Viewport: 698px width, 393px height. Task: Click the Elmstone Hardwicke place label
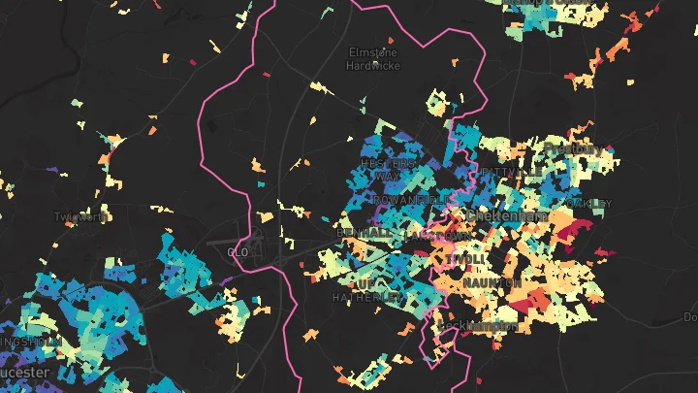(x=372, y=58)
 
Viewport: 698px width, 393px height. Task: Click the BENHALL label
(x=365, y=234)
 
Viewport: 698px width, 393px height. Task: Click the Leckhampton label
(x=475, y=326)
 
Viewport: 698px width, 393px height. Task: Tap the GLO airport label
(x=238, y=252)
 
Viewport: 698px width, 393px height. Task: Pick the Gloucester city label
(x=19, y=372)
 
